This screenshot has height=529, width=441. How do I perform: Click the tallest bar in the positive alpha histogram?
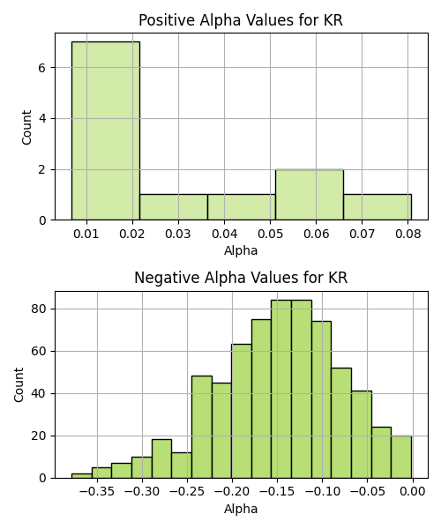[x=106, y=130]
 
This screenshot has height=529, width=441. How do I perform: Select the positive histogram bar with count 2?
[x=310, y=195]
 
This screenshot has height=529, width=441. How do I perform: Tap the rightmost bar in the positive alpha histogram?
[x=377, y=207]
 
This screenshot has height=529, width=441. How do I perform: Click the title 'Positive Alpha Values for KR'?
[x=241, y=20]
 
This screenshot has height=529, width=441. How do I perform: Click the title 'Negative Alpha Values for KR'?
[x=241, y=278]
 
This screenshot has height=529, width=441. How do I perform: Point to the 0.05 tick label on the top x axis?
[x=270, y=234]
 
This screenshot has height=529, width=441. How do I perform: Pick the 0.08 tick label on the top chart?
[x=408, y=234]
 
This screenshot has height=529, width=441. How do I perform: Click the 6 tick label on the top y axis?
[x=41, y=68]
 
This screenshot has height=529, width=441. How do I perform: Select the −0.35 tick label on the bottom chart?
[x=97, y=492]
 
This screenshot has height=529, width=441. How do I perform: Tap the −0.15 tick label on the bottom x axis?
[x=277, y=492]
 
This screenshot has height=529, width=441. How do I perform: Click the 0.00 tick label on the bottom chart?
[x=413, y=492]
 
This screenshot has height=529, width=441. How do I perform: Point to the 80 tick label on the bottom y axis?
[x=38, y=309]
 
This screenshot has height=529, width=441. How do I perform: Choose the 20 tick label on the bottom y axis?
[x=38, y=436]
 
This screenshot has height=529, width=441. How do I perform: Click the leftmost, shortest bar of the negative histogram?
[x=82, y=476]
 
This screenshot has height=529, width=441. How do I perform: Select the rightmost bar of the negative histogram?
[x=401, y=457]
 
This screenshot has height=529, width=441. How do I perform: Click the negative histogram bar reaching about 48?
[x=202, y=427]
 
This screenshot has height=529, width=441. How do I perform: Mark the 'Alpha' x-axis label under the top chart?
[x=241, y=250]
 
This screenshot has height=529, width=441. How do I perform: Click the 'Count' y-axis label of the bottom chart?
[x=19, y=385]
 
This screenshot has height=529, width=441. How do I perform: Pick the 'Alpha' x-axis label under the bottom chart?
[x=241, y=509]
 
